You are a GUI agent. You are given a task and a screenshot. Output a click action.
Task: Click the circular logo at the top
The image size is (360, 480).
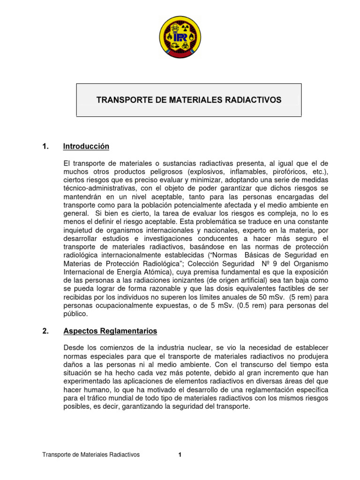tap(180, 37)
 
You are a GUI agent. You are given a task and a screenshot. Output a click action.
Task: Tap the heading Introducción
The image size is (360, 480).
tap(86, 147)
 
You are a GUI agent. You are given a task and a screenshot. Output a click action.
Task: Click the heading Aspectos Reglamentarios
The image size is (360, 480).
tap(110, 331)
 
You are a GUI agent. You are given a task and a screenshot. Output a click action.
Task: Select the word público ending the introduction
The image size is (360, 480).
tap(75, 314)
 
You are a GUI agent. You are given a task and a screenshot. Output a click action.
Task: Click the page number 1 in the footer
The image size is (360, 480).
tap(180, 454)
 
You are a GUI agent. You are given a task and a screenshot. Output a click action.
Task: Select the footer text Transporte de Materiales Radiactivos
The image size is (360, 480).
tap(91, 454)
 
